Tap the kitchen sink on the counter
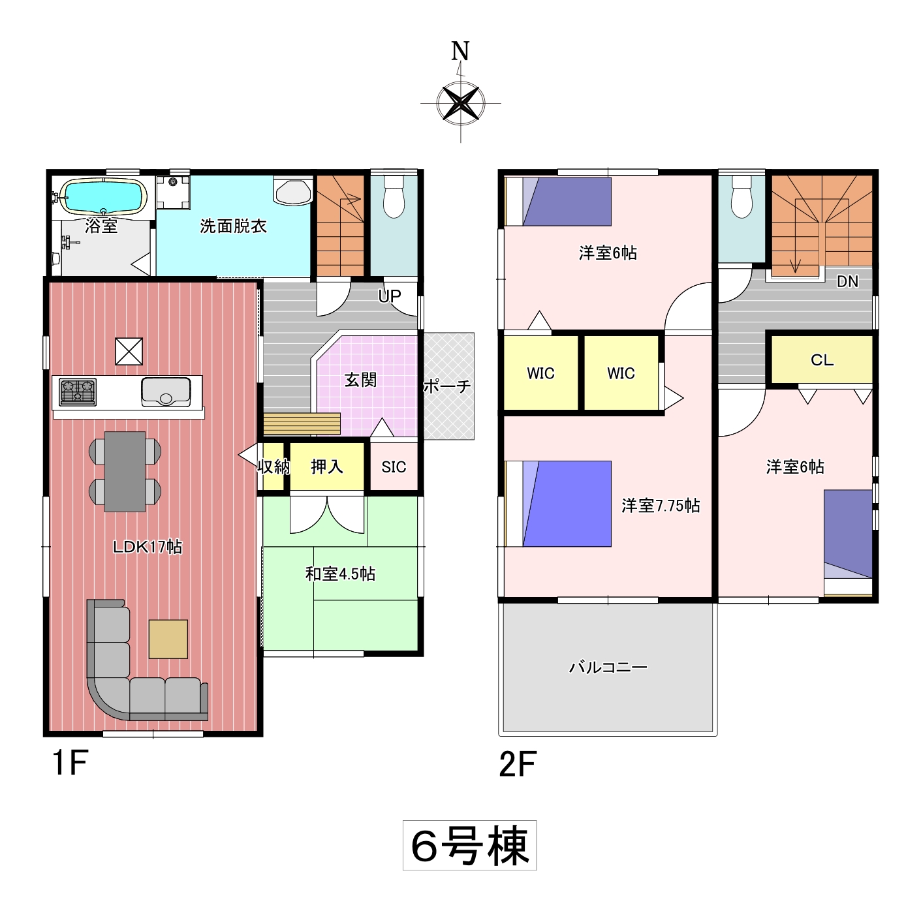click(166, 392)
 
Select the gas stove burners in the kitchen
click(78, 392)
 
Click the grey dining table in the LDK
click(125, 472)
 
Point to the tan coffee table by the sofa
click(168, 639)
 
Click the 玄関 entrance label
click(361, 380)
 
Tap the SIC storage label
click(394, 467)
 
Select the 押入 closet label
click(327, 467)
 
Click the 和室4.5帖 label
click(340, 574)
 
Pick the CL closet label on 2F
click(822, 360)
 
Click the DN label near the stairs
click(847, 281)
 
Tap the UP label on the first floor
click(389, 296)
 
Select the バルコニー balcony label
click(608, 667)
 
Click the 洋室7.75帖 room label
click(661, 506)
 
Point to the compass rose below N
click(460, 102)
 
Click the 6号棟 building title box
click(470, 845)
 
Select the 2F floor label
click(518, 765)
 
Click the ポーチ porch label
click(447, 386)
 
